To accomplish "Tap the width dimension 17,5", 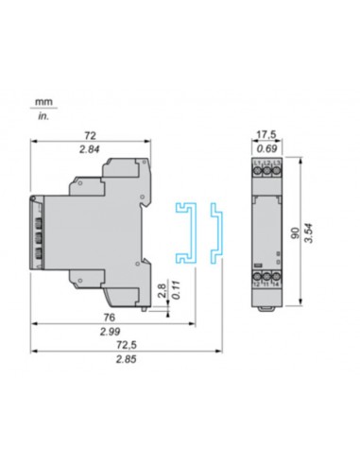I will [267, 136].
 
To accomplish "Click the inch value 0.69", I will [267, 149].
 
